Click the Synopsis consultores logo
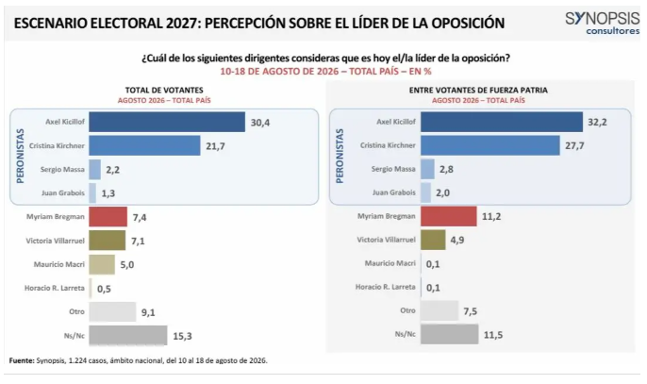[602, 24]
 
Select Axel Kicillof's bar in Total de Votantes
[167, 122]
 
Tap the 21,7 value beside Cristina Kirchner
[215, 146]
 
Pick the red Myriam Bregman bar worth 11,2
[449, 216]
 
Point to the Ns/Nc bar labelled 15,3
[128, 335]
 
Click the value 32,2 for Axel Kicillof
[597, 123]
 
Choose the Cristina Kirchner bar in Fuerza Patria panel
[490, 145]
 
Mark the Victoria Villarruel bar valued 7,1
[108, 241]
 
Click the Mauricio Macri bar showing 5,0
[102, 264]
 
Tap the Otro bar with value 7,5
[440, 310]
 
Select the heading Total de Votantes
[164, 90]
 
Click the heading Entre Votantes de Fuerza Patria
[478, 90]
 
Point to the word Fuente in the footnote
[22, 360]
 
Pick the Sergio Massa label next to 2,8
[393, 169]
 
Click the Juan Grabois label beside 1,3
[62, 192]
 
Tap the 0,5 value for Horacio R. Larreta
[104, 289]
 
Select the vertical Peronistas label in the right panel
[340, 156]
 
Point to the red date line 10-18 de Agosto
[325, 71]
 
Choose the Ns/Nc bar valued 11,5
[450, 334]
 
